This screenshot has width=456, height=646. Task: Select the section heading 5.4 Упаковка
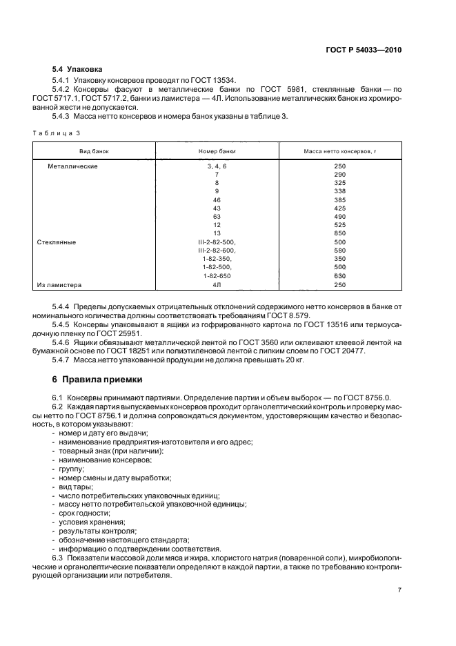pos(77,70)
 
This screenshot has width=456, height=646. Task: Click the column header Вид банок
pos(95,150)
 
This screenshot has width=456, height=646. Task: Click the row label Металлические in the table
pos(72,166)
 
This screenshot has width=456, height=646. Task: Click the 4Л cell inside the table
pos(216,284)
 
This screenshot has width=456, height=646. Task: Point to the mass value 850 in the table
pos(339,234)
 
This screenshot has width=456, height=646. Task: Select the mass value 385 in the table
pos(339,200)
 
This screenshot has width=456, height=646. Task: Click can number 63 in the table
pos(216,217)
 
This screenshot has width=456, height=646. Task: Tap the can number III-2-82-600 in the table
pos(216,251)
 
